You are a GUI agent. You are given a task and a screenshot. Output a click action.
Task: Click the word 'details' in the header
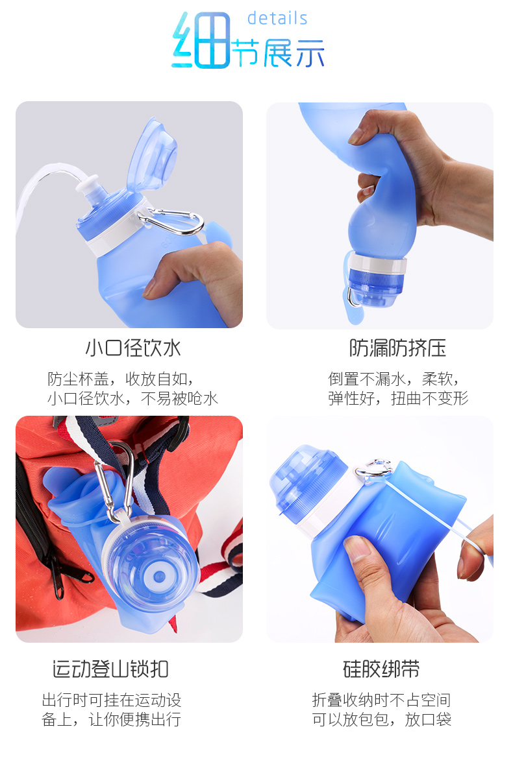click(x=277, y=18)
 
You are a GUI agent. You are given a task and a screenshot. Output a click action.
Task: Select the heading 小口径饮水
click(x=133, y=348)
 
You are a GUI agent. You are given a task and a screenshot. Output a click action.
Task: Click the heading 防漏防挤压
click(x=397, y=348)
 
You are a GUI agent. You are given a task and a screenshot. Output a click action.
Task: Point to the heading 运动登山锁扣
click(x=110, y=669)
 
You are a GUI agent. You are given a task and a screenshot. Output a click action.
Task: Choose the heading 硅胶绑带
click(x=381, y=669)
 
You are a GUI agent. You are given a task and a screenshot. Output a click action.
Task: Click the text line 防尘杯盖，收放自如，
click(x=121, y=379)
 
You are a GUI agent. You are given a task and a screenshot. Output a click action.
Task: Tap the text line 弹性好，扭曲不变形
click(x=397, y=398)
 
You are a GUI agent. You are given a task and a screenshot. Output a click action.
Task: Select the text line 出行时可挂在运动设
click(x=111, y=700)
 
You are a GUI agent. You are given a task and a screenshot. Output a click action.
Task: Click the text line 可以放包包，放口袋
click(x=381, y=719)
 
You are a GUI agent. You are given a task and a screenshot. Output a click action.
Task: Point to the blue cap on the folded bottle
click(x=305, y=483)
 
